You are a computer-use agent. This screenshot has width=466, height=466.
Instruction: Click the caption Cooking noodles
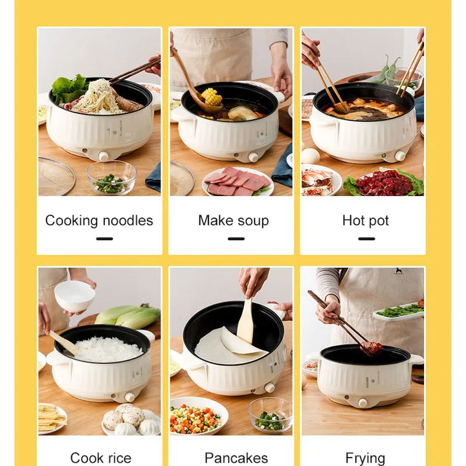(x=99, y=221)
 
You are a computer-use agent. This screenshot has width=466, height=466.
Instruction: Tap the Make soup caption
(x=233, y=221)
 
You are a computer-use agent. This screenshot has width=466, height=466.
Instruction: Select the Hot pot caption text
(x=366, y=221)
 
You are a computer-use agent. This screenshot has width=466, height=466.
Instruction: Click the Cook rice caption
(x=100, y=458)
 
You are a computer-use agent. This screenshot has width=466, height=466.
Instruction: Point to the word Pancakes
(x=236, y=458)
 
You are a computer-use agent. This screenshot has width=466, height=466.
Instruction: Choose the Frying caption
(x=365, y=458)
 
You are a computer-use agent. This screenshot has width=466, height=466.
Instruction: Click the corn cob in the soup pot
(x=211, y=97)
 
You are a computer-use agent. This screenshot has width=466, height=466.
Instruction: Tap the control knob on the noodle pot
(x=104, y=156)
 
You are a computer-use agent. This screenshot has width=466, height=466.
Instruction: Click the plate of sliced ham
(x=237, y=183)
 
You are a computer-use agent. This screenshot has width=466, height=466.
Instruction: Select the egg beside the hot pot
(x=311, y=156)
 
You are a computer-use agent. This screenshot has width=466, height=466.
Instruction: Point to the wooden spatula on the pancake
(x=245, y=322)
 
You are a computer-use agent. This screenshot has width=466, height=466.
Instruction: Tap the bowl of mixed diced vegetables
(x=195, y=417)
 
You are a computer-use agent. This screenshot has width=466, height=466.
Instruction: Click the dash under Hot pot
(x=366, y=238)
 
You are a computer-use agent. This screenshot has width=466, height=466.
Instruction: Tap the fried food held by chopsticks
(x=371, y=348)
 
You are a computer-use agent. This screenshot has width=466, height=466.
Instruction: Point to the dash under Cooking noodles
(x=104, y=238)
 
